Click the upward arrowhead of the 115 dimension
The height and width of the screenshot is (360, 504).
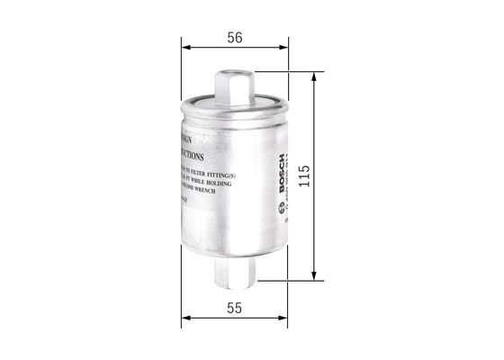pos(313,78)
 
